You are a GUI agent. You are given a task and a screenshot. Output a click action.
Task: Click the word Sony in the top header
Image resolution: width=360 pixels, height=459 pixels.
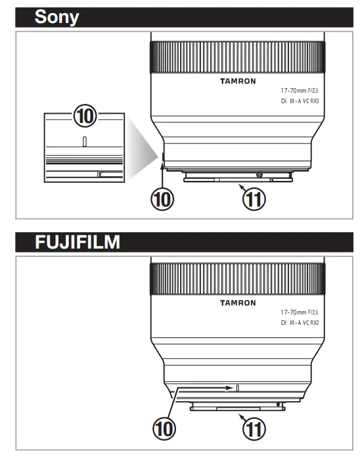[56, 17]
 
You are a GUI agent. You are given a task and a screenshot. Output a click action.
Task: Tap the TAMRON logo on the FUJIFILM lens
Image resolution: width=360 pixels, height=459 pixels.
[236, 303]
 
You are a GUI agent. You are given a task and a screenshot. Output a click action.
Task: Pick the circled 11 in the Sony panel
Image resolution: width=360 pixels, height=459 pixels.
[254, 199]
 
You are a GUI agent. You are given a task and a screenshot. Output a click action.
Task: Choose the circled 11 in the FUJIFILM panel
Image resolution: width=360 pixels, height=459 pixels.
[254, 430]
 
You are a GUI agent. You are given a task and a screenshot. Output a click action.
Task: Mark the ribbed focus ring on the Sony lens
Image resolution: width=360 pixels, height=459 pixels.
[236, 57]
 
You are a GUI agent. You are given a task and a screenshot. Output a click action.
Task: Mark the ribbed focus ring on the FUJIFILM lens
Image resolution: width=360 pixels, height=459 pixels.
[236, 279]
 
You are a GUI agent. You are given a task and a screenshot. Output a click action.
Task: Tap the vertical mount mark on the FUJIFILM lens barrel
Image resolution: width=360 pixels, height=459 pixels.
[238, 388]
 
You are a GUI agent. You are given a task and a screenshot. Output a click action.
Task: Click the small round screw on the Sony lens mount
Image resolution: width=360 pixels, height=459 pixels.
[261, 174]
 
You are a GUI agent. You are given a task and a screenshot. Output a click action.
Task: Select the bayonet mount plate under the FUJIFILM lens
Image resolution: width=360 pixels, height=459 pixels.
[238, 409]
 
